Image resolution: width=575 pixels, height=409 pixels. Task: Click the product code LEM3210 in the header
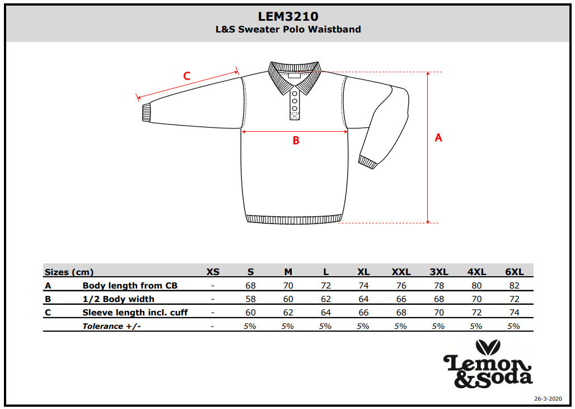[x=288, y=16]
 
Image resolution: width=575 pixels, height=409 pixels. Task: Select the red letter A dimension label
[x=438, y=138]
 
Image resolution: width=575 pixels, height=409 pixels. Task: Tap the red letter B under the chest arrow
[x=296, y=140]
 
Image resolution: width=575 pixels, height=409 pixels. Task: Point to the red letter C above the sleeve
[x=186, y=76]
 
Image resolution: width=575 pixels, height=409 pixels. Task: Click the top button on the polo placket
[x=294, y=94]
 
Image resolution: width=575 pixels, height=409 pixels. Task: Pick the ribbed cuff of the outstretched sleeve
[x=146, y=113]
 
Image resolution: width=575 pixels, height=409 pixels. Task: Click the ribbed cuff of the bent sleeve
[x=368, y=162]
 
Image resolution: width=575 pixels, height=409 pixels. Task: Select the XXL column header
[x=401, y=272]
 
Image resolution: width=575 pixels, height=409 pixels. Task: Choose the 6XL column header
[x=514, y=272]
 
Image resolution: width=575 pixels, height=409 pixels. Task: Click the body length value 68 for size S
[x=250, y=285]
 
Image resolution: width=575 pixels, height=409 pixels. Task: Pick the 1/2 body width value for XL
[x=363, y=299]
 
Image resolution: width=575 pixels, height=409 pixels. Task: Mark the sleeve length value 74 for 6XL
[x=514, y=312]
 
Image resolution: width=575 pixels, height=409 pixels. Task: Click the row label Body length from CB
[x=130, y=285]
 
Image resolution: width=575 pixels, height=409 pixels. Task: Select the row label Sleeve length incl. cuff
[x=135, y=312]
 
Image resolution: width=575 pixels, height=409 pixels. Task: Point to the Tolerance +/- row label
[x=111, y=326]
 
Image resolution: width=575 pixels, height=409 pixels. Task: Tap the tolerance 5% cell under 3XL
[x=438, y=326]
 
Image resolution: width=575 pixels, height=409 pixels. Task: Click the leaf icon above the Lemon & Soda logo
[x=488, y=347]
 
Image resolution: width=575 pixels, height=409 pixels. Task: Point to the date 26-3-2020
[x=548, y=399]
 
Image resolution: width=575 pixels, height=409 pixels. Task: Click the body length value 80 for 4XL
[x=476, y=285]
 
